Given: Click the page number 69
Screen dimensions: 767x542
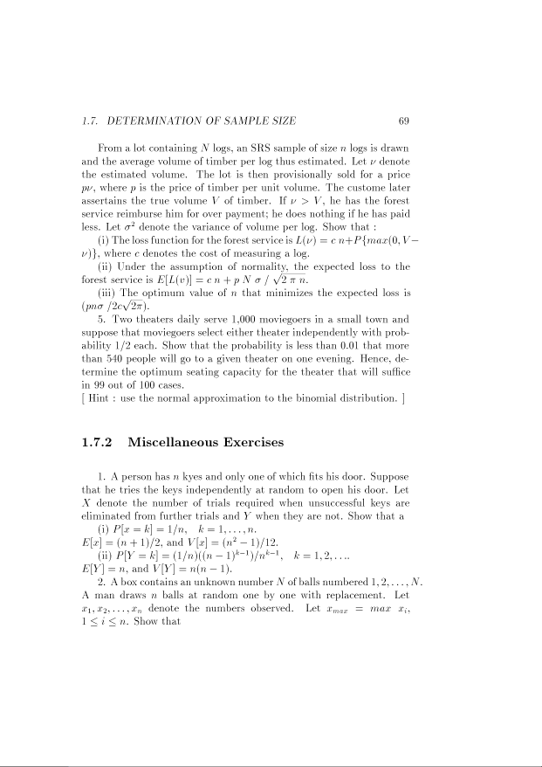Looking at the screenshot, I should pos(403,121).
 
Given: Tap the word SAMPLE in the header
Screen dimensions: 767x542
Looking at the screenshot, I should pos(242,121).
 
